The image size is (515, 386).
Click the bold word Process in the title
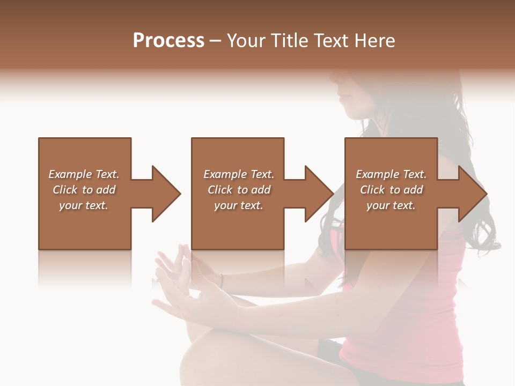tap(168, 41)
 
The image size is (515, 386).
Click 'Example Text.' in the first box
tap(84, 174)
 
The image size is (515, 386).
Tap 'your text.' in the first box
tap(84, 205)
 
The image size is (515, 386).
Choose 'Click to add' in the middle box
tap(239, 190)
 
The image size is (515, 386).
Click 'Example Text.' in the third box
tap(391, 174)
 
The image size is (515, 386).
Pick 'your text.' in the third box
tap(391, 205)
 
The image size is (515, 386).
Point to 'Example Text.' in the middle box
tap(239, 174)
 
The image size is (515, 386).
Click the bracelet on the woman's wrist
tap(220, 280)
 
